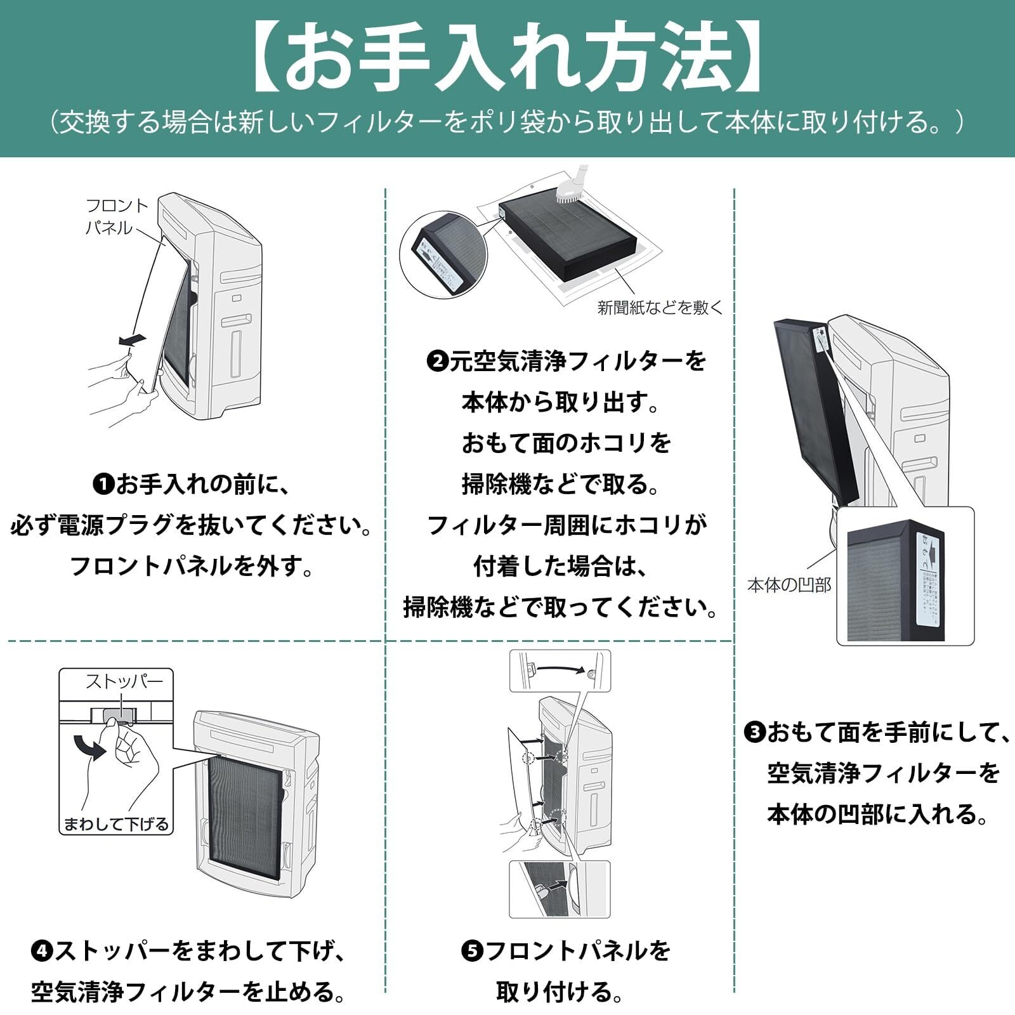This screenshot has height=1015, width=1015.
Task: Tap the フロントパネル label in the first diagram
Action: click(x=116, y=216)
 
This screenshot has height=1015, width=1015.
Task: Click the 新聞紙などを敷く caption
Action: click(x=660, y=308)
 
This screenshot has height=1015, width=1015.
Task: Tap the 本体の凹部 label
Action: click(x=789, y=585)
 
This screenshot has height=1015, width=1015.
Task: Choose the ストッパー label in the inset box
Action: click(x=124, y=681)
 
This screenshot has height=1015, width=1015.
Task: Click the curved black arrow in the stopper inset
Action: click(x=89, y=747)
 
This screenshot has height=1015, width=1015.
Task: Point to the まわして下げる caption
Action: click(x=117, y=824)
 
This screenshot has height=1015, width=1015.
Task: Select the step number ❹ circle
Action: click(x=41, y=951)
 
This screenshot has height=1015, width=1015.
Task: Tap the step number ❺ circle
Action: click(x=471, y=951)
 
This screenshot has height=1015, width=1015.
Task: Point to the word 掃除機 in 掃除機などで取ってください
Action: click(x=438, y=608)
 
